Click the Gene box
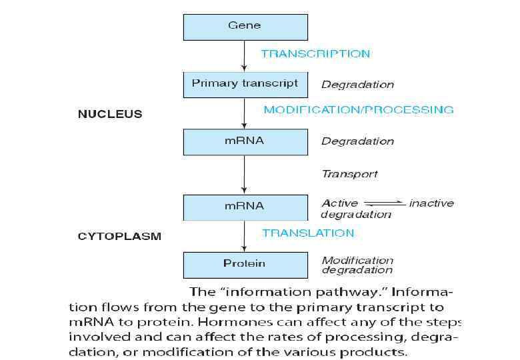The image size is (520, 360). click(x=245, y=26)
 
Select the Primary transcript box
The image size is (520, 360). click(x=245, y=84)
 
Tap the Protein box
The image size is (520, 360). click(x=245, y=264)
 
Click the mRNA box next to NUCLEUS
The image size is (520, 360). click(x=245, y=141)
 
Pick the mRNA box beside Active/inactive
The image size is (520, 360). click(x=245, y=206)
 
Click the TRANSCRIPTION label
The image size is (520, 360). click(x=315, y=54)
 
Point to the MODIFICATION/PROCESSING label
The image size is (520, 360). click(x=359, y=110)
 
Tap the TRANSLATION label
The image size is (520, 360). click(x=308, y=233)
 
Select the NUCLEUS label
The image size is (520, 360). click(x=110, y=114)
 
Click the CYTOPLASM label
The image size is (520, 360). click(x=119, y=237)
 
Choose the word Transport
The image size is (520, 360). click(x=349, y=174)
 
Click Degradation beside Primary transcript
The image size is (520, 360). click(x=357, y=85)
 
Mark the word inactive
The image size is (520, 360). click(x=431, y=203)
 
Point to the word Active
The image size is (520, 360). click(x=339, y=203)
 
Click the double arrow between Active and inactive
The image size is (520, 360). click(x=385, y=203)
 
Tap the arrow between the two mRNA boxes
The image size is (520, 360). click(x=245, y=173)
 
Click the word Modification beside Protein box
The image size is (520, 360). click(x=357, y=260)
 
